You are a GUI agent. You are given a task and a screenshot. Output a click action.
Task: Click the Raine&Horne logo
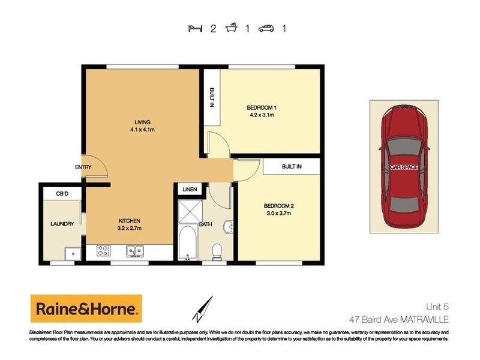coord(86,309)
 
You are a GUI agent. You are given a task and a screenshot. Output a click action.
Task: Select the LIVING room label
coord(142,122)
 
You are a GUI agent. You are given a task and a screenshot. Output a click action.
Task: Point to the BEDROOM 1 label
coord(261,107)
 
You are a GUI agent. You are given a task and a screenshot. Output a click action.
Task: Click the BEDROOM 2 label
coord(280,206)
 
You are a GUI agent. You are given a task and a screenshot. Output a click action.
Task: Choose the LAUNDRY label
coord(62,224)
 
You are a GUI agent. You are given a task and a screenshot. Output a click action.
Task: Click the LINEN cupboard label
coord(190,190)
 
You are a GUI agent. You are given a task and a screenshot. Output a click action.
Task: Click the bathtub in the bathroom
coord(188,245)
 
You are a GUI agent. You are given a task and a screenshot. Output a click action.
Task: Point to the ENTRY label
coord(83,167)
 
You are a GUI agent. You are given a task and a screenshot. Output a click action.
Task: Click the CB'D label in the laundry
coord(62,193)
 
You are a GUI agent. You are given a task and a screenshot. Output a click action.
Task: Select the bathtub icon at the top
coord(232,28)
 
